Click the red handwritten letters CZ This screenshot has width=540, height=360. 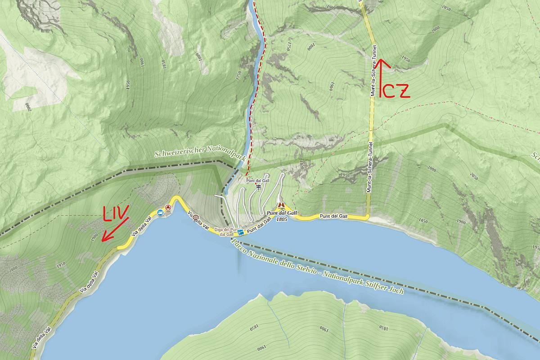[396, 92]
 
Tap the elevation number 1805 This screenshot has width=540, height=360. [282, 219]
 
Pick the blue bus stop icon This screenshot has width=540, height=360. [160, 212]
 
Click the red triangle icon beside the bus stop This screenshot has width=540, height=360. [168, 207]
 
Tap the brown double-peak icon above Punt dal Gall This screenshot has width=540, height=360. [281, 204]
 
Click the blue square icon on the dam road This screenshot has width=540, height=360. [241, 232]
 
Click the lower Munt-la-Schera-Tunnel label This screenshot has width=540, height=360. [370, 167]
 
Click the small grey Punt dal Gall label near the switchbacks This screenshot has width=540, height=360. [258, 180]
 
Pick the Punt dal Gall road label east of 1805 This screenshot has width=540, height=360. [333, 216]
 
